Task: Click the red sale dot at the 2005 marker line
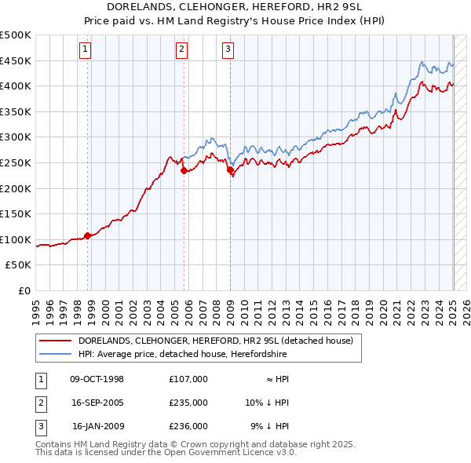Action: point(184,170)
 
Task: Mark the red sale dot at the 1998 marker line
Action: point(88,235)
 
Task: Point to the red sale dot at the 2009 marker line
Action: point(230,170)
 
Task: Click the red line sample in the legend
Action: point(54,341)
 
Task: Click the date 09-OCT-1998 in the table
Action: point(97,379)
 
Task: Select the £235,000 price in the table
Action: point(188,403)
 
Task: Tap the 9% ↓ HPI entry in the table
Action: point(270,426)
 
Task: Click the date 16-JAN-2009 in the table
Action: point(97,426)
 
